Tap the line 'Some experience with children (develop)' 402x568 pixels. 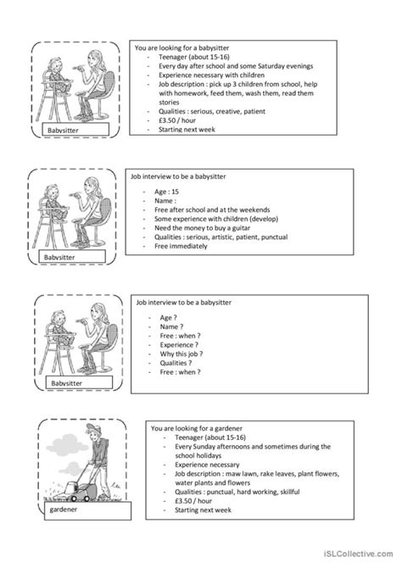click(x=215, y=219)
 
